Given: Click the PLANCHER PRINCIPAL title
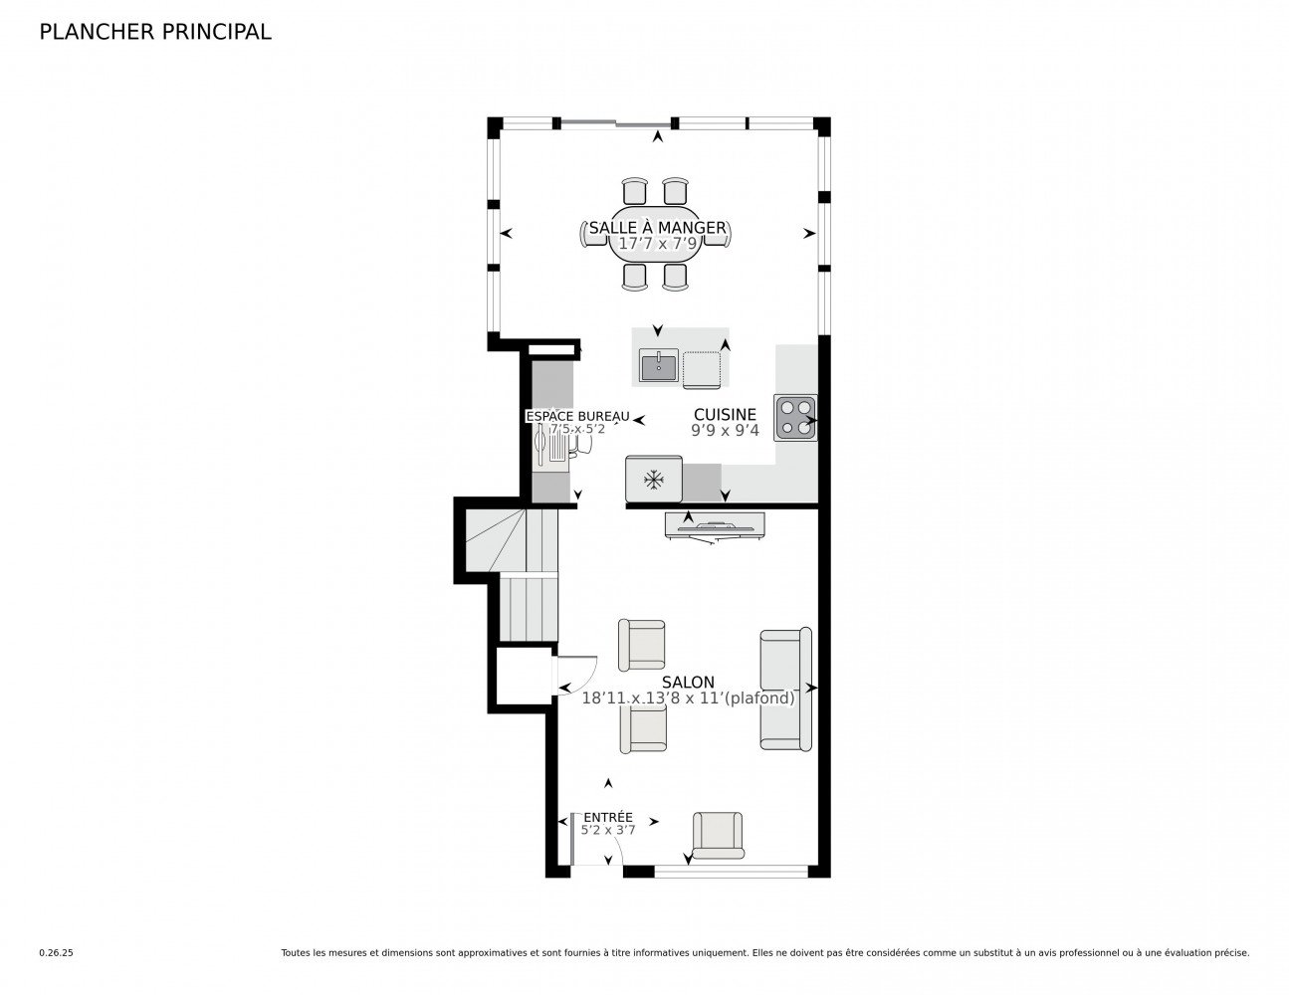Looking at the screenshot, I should click(x=154, y=32).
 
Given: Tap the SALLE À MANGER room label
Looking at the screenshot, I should click(x=657, y=228).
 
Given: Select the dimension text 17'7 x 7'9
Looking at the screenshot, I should click(x=657, y=243).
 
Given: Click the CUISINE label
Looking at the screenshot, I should click(x=725, y=415).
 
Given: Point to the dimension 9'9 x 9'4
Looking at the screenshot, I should click(x=725, y=431).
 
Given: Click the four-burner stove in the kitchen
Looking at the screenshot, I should click(x=795, y=418).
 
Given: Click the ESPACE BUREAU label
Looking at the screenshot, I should click(x=577, y=416).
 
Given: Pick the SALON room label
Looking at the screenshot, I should click(x=688, y=683).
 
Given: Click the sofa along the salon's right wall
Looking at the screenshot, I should click(x=785, y=689).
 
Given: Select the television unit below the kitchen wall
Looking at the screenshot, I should click(x=715, y=524).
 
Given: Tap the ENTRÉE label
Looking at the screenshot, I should click(x=607, y=818).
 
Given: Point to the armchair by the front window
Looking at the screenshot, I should click(x=718, y=835).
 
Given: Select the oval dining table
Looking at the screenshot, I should click(x=657, y=235).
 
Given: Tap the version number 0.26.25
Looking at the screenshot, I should click(x=56, y=953).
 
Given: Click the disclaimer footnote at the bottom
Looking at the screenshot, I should click(x=764, y=953).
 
